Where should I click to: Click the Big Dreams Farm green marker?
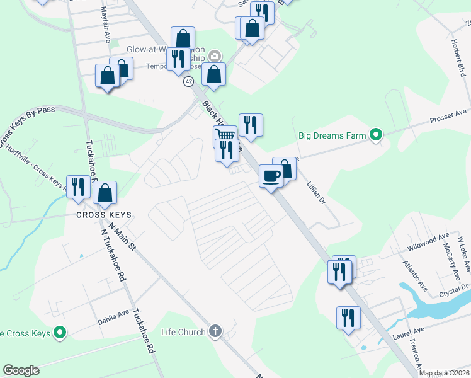pos(376,134)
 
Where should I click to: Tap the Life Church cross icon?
pos(215,332)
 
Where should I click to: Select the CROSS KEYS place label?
pos(104,215)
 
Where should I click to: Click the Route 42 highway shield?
pos(188,81)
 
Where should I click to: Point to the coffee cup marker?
pos(271,176)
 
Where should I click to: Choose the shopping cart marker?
pos(225,135)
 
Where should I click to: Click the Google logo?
pos(21,370)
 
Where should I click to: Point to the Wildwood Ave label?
pos(428,240)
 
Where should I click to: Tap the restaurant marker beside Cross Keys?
pos(78,186)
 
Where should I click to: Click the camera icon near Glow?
pos(215,56)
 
